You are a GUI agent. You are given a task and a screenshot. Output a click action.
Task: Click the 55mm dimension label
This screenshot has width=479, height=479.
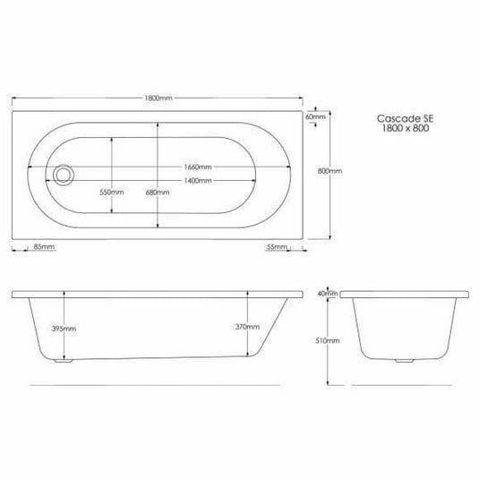(x=278, y=246)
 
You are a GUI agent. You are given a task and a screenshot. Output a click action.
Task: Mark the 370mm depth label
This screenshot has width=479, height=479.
(x=247, y=328)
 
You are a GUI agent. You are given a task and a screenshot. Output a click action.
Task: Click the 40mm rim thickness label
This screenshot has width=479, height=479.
(x=328, y=293)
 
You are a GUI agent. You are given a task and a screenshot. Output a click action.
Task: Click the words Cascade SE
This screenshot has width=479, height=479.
(x=393, y=117)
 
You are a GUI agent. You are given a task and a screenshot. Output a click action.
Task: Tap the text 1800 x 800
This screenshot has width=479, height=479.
(x=393, y=129)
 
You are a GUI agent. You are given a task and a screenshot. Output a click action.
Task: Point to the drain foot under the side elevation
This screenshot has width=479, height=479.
(x=62, y=364)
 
